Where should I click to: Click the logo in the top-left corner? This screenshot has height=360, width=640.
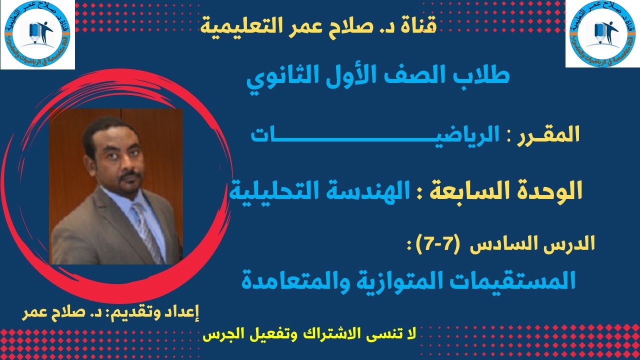point(37,34)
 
